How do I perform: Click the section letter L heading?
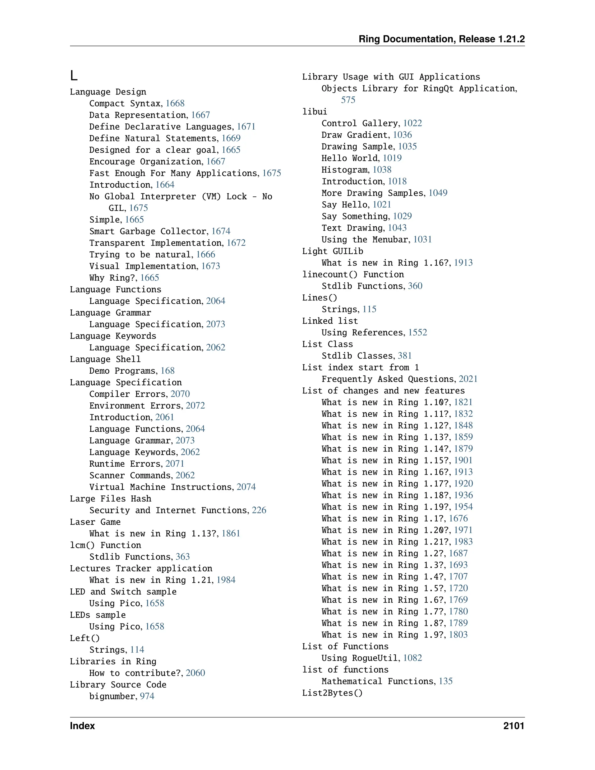[74, 76]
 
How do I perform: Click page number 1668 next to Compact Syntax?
[175, 103]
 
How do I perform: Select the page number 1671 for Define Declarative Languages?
[246, 127]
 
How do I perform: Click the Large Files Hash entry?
[110, 499]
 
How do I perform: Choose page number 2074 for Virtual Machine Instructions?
[246, 487]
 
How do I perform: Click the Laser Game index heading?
[95, 522]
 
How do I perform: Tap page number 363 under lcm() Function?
[182, 557]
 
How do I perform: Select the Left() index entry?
[85, 638]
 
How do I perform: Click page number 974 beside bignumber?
[147, 696]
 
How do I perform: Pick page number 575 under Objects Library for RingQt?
[348, 100]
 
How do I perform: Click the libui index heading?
[314, 112]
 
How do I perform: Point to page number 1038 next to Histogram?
[382, 170]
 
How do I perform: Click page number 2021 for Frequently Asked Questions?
[468, 379]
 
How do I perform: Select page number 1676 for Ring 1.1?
[458, 519]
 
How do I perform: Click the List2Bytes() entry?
[332, 693]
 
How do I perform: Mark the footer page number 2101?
[514, 726]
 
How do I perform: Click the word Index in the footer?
[83, 726]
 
